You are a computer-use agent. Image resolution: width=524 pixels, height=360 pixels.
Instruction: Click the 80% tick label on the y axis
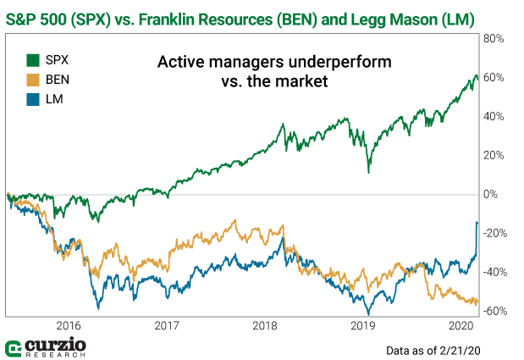pos(494,39)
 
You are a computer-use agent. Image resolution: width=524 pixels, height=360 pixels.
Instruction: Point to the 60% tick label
pos(494,78)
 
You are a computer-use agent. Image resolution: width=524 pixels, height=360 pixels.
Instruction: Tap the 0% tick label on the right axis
pos(490,195)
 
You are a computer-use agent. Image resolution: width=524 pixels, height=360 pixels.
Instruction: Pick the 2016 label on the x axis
pos(68,325)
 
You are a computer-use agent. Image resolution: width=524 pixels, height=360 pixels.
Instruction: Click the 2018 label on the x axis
pos(265,325)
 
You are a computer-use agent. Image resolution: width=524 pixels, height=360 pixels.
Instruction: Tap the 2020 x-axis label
pos(461,325)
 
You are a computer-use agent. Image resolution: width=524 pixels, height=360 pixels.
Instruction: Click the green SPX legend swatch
pos(34,60)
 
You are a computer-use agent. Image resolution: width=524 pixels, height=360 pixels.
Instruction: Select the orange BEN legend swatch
pos(34,80)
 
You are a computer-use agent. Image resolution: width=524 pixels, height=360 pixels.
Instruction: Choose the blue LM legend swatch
pos(34,99)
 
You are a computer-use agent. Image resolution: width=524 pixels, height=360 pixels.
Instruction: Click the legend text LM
pos(56,99)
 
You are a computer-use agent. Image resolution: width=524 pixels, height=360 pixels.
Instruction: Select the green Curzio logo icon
pos(14,349)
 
